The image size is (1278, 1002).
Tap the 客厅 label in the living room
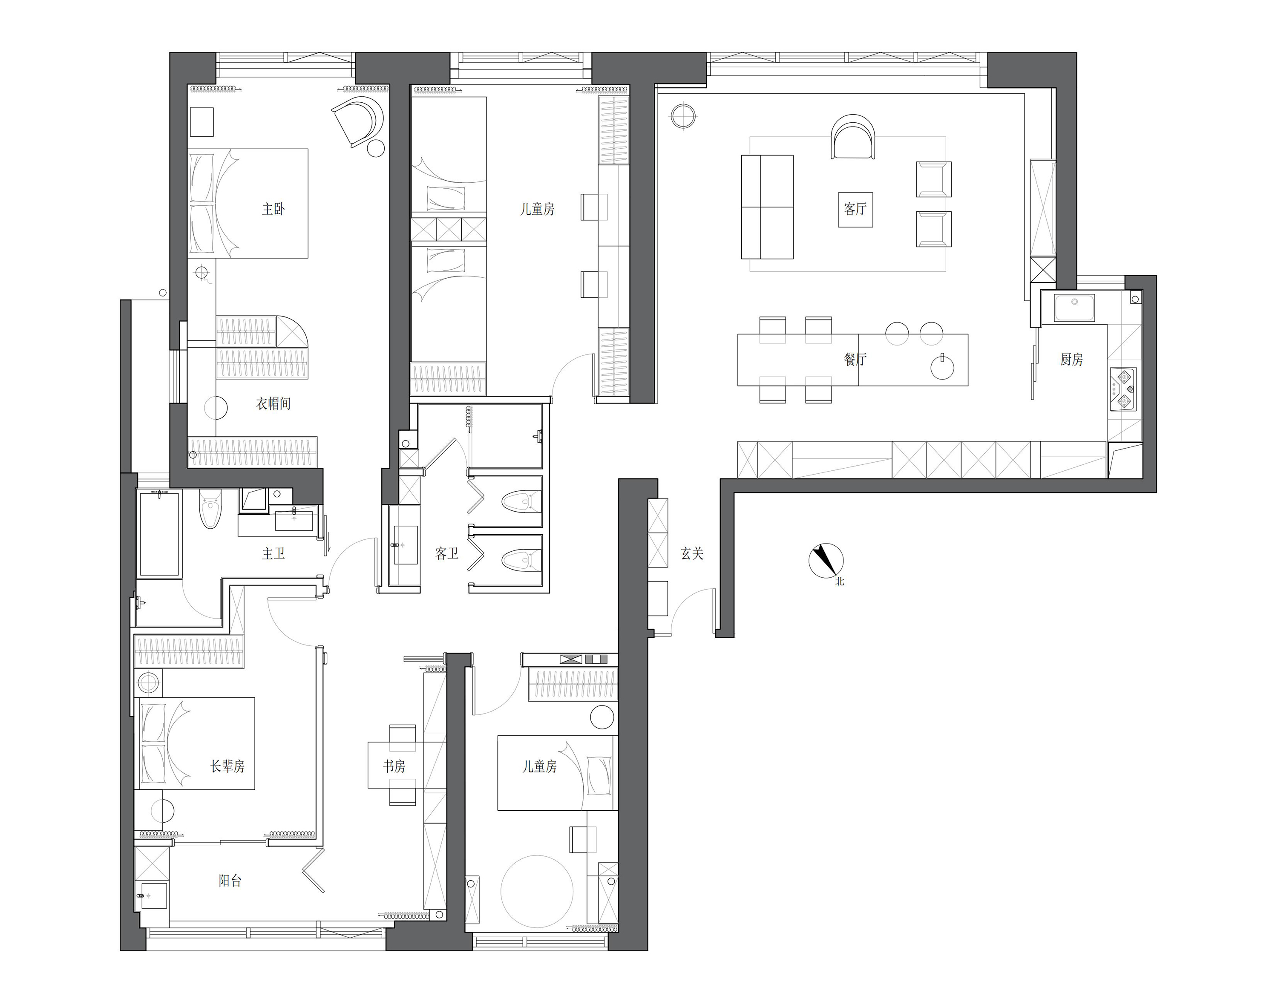click(x=855, y=209)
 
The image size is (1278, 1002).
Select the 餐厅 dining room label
click(x=855, y=359)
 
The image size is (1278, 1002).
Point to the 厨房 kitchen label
click(x=1071, y=359)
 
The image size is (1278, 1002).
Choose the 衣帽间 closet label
click(x=273, y=403)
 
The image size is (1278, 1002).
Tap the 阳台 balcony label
click(x=230, y=881)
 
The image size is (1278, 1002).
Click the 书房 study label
click(x=394, y=766)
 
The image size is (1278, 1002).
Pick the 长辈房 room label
click(x=227, y=766)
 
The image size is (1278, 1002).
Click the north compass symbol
click(x=826, y=561)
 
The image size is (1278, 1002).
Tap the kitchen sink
click(x=1074, y=308)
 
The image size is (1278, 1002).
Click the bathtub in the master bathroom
click(x=158, y=534)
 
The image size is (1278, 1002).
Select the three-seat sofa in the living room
click(x=767, y=207)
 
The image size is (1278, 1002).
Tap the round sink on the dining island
click(x=942, y=368)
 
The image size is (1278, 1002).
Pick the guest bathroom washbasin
click(x=405, y=545)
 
